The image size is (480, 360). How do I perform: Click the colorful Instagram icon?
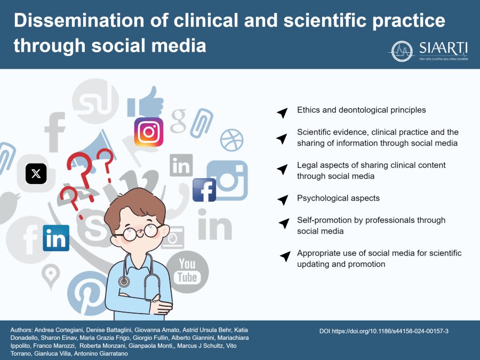(149, 132)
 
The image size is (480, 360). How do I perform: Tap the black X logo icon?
(36, 173)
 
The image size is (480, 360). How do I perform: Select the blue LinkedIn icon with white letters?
(56, 238)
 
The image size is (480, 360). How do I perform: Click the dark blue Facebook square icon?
(204, 190)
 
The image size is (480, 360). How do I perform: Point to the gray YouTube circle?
(187, 271)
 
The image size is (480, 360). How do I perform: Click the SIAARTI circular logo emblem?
(402, 51)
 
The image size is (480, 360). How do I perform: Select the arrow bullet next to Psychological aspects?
(283, 199)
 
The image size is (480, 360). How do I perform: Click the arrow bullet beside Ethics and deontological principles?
(282, 112)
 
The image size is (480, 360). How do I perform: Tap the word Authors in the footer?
(23, 331)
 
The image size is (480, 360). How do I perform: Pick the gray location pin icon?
(50, 275)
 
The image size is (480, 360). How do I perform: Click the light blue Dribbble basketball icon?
(231, 140)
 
